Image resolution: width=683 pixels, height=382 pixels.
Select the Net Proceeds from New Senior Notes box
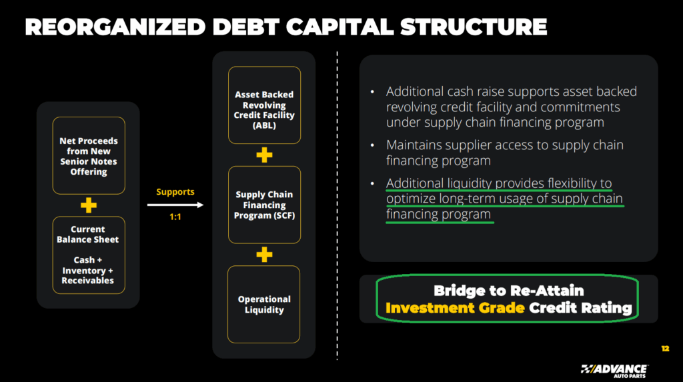(89, 156)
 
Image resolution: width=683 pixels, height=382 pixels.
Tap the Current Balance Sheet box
(89, 255)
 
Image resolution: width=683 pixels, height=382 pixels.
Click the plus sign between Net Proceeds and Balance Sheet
(89, 205)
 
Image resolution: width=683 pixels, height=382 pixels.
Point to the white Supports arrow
(175, 205)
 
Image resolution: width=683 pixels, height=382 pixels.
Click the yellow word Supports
(175, 192)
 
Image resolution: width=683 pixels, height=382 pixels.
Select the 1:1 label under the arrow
(175, 217)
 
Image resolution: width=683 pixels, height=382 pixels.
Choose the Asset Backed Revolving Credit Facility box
(264, 105)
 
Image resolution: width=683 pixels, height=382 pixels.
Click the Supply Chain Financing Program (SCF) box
(264, 205)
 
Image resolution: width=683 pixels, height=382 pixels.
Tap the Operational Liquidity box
(264, 304)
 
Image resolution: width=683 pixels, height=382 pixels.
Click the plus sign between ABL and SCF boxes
(264, 155)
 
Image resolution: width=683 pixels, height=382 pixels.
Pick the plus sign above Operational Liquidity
(264, 254)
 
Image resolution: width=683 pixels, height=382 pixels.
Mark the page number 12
(664, 349)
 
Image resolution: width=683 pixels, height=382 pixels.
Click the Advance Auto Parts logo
(613, 369)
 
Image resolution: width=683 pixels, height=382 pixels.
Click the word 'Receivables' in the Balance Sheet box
(88, 281)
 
